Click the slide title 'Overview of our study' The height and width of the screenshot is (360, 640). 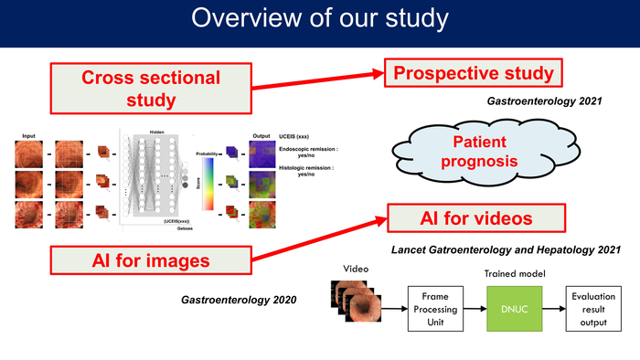click(x=320, y=20)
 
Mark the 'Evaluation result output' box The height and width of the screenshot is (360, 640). click(x=593, y=309)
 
